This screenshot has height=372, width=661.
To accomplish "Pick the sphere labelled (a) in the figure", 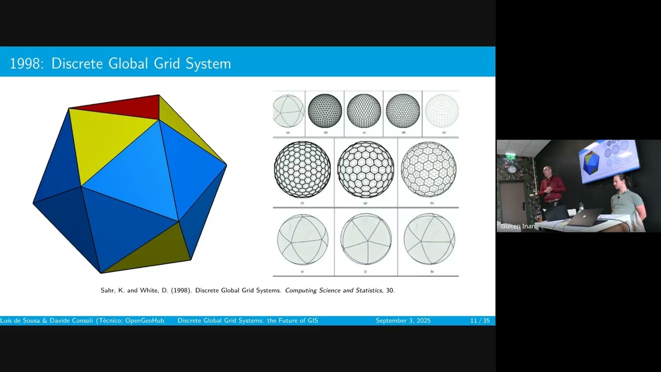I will [x=288, y=111].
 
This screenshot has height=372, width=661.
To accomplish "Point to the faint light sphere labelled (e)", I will [x=442, y=111].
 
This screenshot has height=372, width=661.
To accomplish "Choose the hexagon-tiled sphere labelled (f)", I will [x=303, y=169].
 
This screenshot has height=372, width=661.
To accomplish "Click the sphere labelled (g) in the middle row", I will [x=366, y=169].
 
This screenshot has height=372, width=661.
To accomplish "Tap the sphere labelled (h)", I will [x=429, y=169].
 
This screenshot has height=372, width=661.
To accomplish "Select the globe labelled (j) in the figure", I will [x=366, y=239].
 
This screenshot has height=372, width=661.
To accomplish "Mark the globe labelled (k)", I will [x=429, y=239].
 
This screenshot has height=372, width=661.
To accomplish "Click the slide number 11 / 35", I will [x=480, y=321].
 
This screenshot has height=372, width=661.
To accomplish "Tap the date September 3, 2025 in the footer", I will [x=403, y=321].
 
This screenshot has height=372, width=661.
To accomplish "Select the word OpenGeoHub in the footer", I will [x=145, y=321].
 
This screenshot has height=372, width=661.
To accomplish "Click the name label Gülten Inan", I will [x=517, y=226].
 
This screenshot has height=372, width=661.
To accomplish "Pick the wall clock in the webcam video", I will [x=511, y=169].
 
